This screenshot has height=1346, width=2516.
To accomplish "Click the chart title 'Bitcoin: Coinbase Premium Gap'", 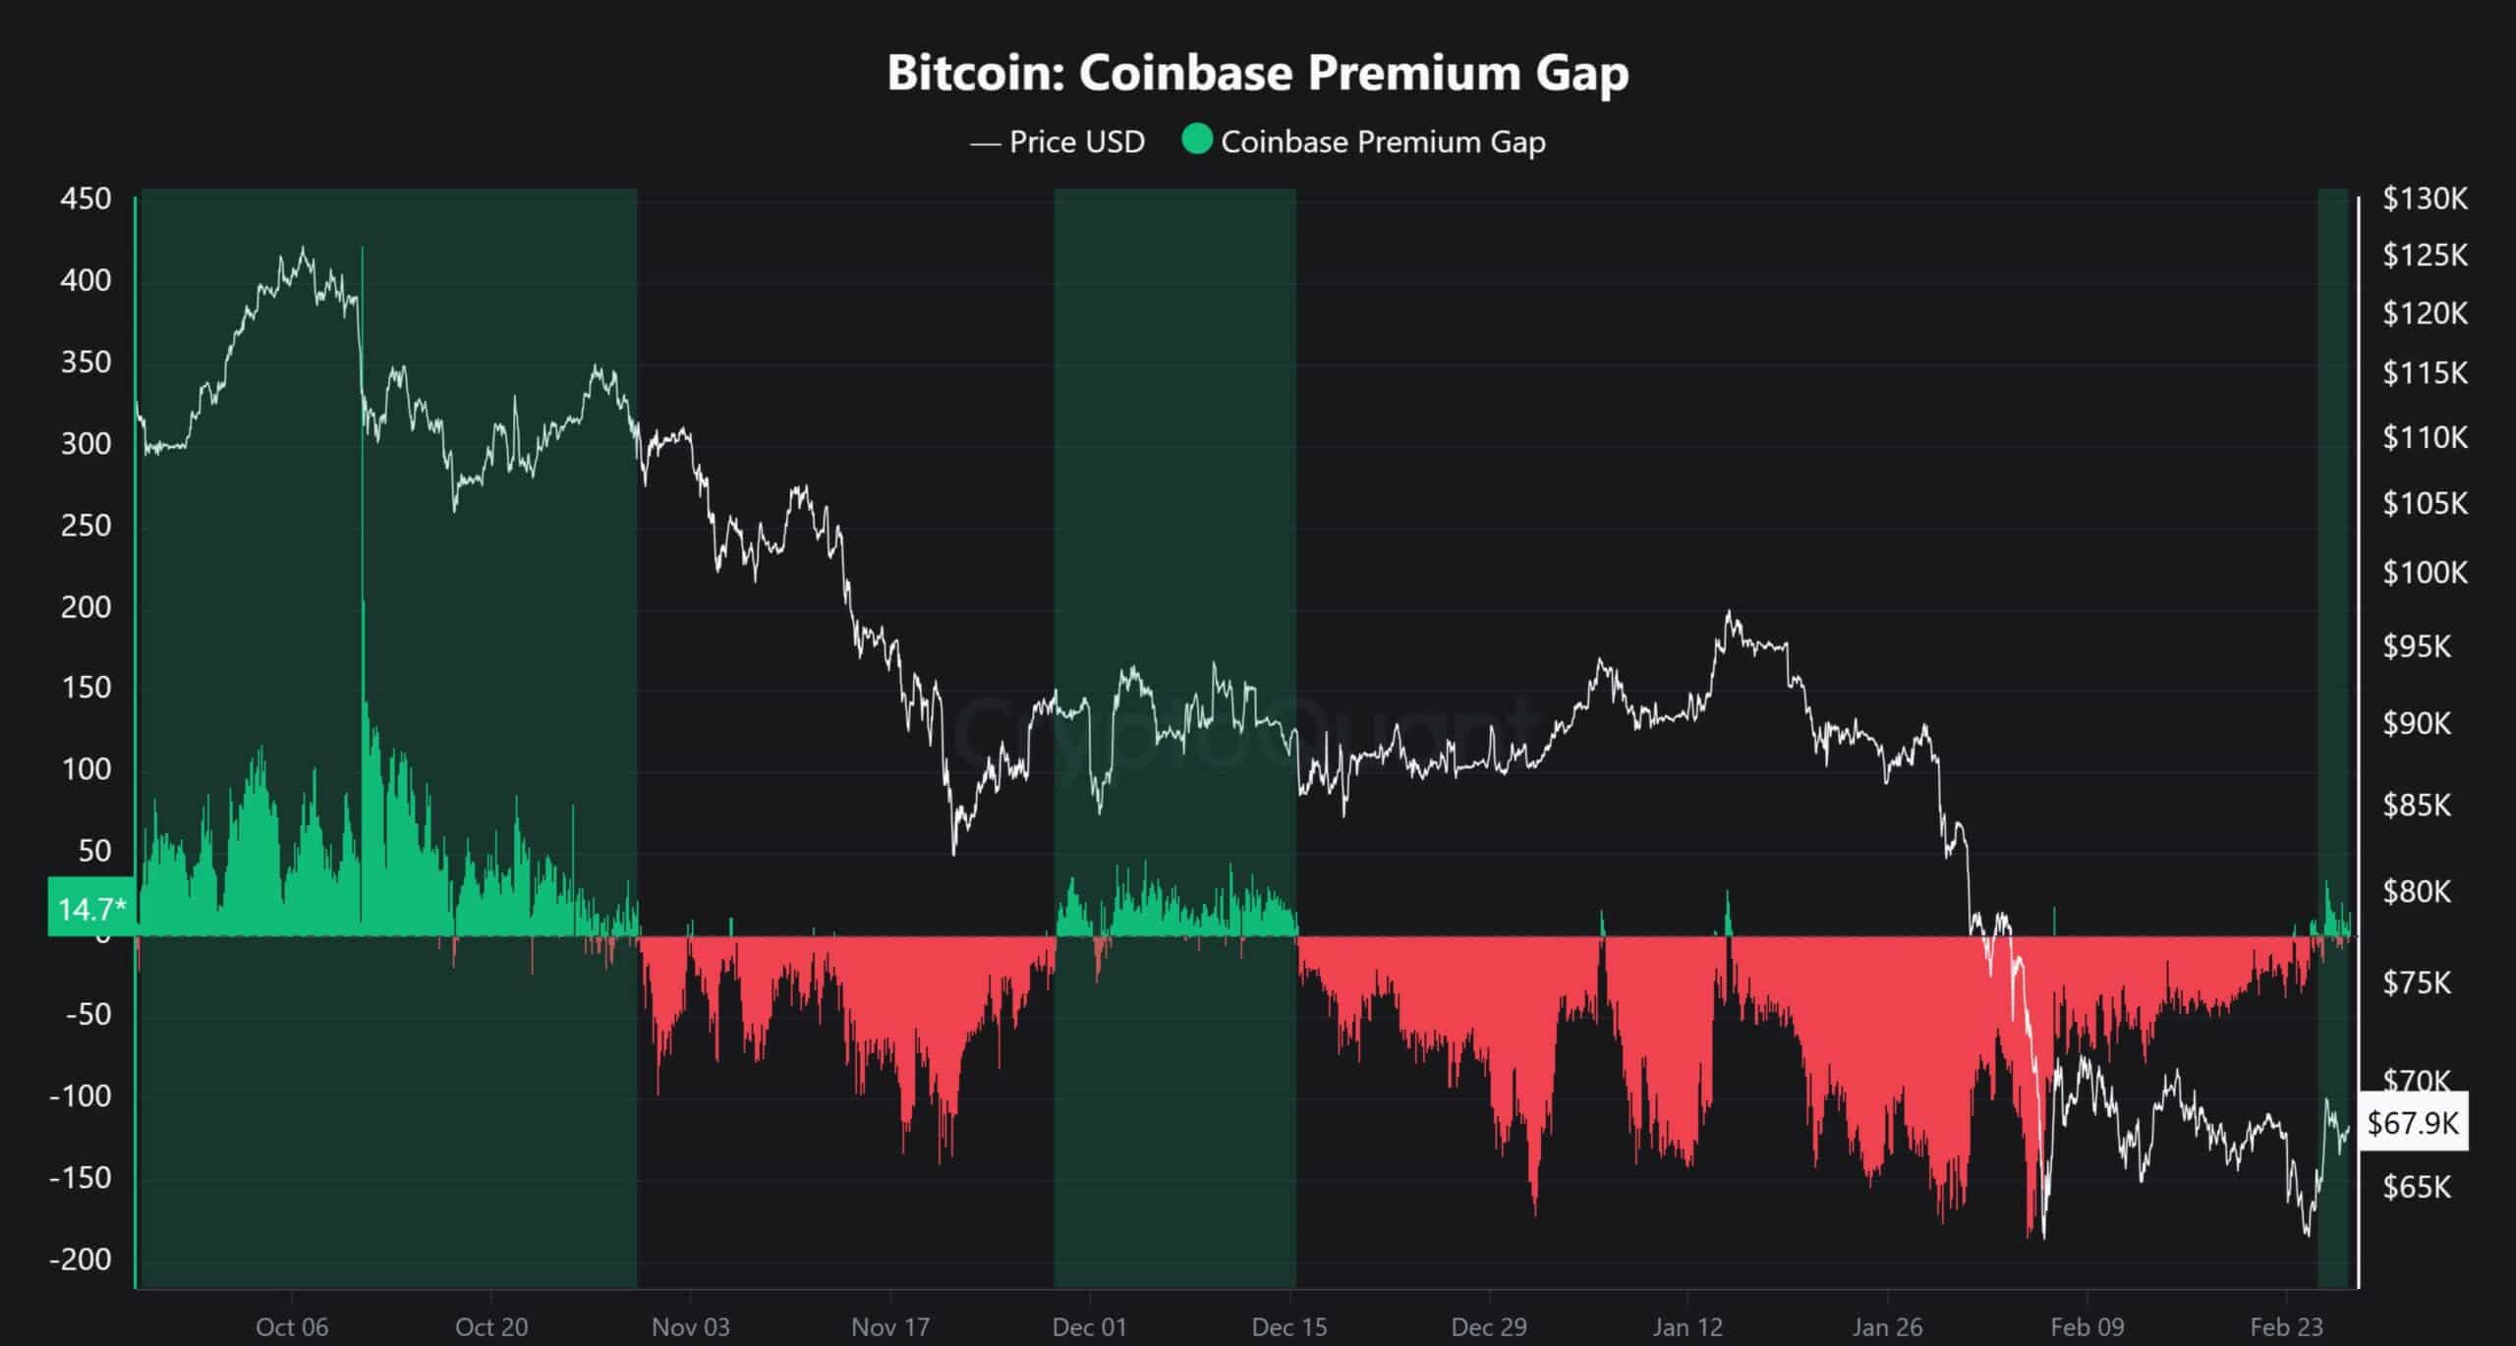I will (1257, 73).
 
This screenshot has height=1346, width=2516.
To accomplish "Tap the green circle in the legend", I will (1196, 140).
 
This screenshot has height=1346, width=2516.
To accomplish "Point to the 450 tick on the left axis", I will (86, 199).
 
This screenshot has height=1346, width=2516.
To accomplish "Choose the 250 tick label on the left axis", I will (86, 526).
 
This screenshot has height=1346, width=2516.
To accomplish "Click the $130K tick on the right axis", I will (2425, 199).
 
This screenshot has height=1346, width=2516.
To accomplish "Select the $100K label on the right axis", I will (2425, 572).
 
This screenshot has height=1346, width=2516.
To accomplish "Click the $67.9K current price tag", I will (2413, 1122).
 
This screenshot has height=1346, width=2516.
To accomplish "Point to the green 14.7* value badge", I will (90, 909).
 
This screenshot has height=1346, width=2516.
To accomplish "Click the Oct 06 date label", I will (292, 1327).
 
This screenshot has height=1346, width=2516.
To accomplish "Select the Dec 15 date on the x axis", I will (1288, 1327).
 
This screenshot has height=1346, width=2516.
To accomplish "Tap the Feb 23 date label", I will (2286, 1327).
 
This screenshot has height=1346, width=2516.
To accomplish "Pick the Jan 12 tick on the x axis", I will (1687, 1327).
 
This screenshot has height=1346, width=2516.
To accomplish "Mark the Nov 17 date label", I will (890, 1327).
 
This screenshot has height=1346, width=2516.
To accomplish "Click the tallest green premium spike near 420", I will (363, 252).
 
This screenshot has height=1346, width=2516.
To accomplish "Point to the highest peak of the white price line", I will (303, 248).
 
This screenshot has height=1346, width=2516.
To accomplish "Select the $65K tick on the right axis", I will (2417, 1187).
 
